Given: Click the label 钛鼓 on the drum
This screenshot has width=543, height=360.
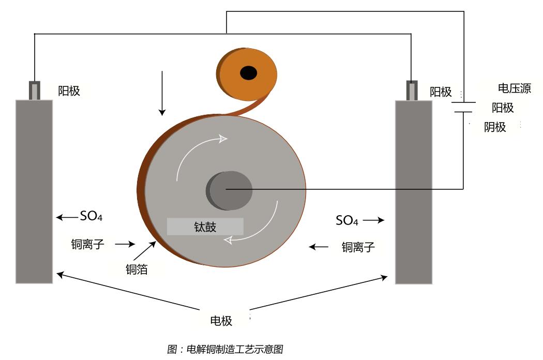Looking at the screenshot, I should (x=205, y=227).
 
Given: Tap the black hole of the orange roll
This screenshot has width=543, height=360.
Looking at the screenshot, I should (x=249, y=73).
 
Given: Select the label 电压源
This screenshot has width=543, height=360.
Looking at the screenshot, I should (x=514, y=88).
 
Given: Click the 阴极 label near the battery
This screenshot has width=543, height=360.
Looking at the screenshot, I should (x=495, y=127).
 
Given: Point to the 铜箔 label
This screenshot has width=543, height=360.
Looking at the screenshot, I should (x=137, y=269).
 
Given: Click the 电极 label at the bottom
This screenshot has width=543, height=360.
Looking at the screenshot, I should (x=221, y=321).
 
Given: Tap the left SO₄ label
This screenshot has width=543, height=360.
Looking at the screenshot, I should (x=91, y=217).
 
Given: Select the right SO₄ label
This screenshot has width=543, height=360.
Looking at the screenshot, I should (x=347, y=221).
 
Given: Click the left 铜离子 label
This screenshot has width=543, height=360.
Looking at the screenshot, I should (x=87, y=244).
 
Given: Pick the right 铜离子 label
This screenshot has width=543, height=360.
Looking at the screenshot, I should (x=358, y=247).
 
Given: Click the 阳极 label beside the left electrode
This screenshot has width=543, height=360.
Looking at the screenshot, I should (x=69, y=92).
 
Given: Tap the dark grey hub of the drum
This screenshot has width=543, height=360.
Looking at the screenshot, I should (x=229, y=190).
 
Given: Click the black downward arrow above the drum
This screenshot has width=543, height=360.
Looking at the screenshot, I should (x=162, y=93).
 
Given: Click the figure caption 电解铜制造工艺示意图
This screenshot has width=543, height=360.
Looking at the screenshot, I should (x=225, y=349).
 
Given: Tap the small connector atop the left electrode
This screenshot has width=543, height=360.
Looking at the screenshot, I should (x=35, y=90).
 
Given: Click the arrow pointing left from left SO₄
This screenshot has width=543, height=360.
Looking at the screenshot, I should (x=66, y=218).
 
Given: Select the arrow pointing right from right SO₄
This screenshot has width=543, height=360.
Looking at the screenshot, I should (x=373, y=221).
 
